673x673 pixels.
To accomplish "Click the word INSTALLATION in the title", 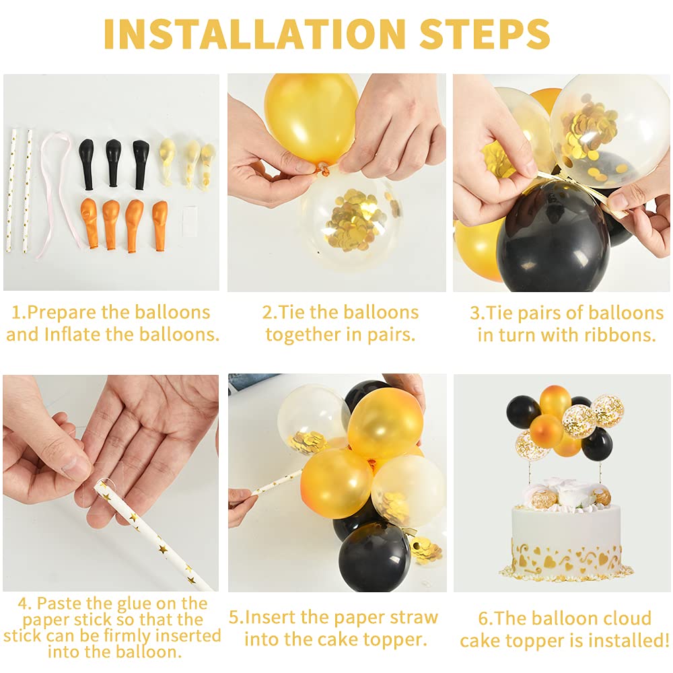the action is [254, 34].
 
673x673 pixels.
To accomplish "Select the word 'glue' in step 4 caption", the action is [133, 604].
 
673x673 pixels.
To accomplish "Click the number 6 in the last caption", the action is [483, 618].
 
